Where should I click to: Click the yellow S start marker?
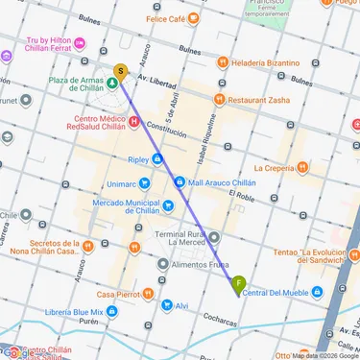click(x=120, y=71)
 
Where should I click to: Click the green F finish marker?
click(x=238, y=282)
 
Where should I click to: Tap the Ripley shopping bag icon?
click(x=156, y=159)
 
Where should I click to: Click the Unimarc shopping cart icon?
click(x=143, y=182)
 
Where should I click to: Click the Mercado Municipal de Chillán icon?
click(x=168, y=204)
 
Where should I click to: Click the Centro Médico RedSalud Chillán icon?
click(x=133, y=121)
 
